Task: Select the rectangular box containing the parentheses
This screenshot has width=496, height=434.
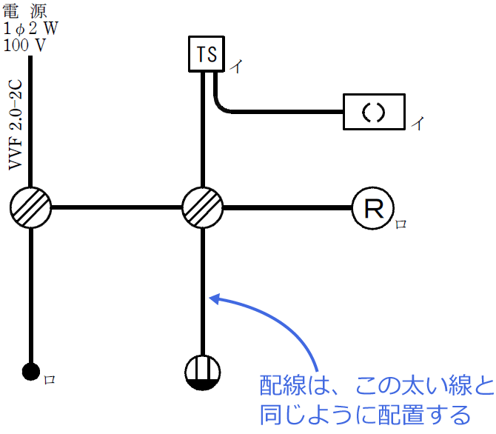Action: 374,112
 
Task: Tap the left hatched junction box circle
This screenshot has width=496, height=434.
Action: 31,207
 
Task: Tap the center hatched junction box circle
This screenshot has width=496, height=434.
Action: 202,207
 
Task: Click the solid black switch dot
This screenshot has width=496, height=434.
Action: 31,371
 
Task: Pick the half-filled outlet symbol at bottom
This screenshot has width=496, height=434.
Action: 202,371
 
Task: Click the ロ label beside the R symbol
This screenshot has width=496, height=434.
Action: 401,223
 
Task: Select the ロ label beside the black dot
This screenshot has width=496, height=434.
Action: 50,379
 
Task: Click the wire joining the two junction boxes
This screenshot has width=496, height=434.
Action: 116,207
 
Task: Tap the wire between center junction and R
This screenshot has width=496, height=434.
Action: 286,207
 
